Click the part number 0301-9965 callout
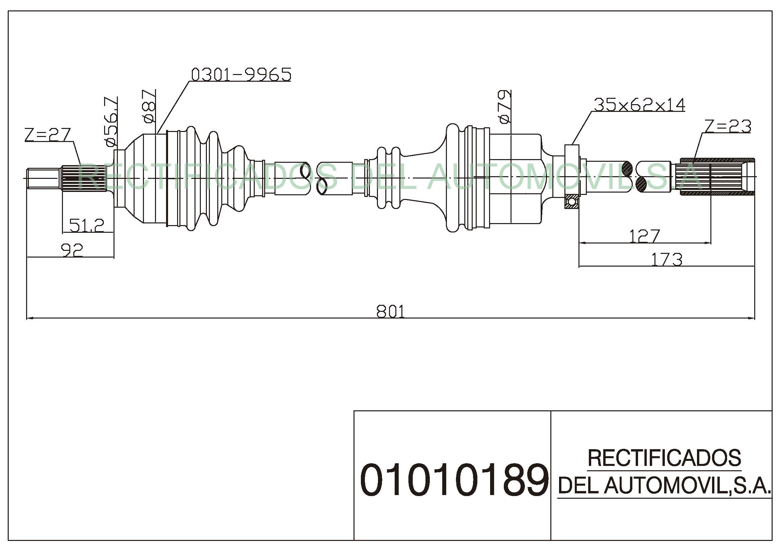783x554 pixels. point(241,75)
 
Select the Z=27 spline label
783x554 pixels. point(48,134)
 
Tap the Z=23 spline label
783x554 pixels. point(728,126)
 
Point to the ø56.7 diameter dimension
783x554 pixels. point(111,122)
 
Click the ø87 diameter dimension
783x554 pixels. point(149,106)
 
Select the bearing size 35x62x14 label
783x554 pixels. point(639,105)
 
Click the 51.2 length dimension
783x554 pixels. point(87,225)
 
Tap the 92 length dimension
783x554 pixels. point(72,250)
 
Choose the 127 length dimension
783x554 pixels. point(644,236)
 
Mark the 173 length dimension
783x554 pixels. point(667,259)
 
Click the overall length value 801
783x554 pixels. point(390,311)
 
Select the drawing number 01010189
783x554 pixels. point(454,480)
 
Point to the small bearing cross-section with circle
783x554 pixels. point(571,202)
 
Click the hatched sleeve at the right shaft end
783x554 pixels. point(717,177)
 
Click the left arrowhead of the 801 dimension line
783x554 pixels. point(30,318)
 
